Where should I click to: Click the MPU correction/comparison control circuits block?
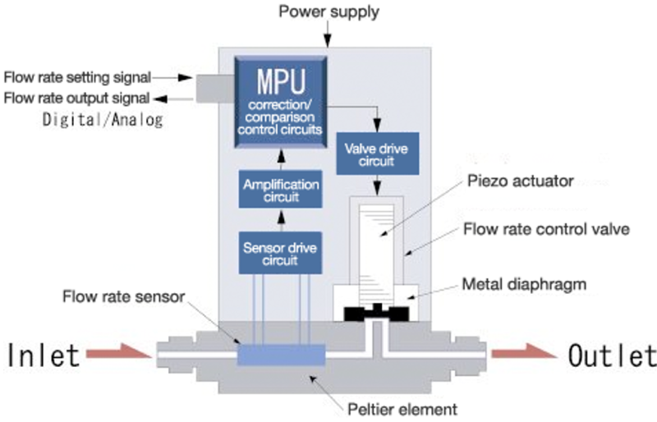tap(281, 102)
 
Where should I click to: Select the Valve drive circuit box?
tap(378, 154)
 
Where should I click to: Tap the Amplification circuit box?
tap(281, 189)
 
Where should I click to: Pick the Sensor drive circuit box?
tap(280, 253)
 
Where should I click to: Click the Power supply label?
tap(329, 11)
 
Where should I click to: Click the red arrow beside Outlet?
tap(524, 351)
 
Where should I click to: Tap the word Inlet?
tap(44, 355)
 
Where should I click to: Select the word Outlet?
tap(612, 355)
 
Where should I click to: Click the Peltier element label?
tap(402, 409)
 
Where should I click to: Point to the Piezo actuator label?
tap(521, 181)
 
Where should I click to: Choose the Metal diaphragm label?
tap(524, 284)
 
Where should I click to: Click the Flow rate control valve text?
tap(546, 229)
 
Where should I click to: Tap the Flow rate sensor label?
tap(124, 296)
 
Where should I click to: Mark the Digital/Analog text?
tap(103, 120)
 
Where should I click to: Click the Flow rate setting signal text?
tap(77, 77)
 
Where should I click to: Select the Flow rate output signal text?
tap(76, 98)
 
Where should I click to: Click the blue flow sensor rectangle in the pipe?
tap(281, 355)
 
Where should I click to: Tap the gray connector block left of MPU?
tap(215, 89)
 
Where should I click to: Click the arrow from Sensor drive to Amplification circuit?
tap(281, 220)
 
